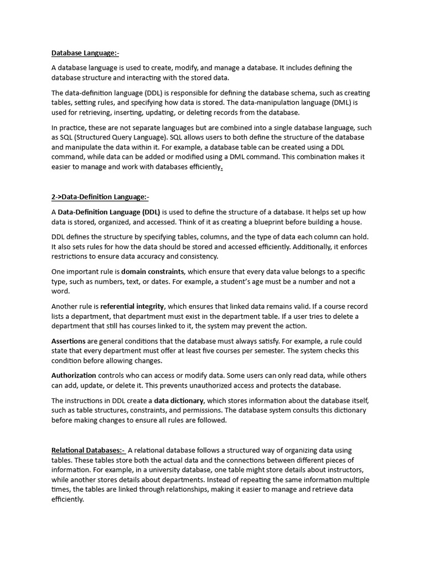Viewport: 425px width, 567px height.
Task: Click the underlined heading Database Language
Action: tap(85, 53)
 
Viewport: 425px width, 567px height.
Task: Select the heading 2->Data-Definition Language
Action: tap(100, 197)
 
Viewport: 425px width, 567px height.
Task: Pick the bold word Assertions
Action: tap(69, 341)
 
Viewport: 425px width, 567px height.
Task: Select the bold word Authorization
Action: tap(74, 375)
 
